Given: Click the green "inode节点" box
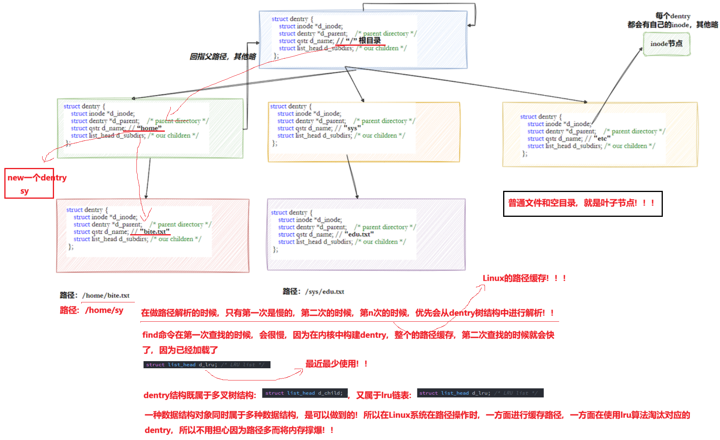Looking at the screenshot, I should click(x=666, y=44).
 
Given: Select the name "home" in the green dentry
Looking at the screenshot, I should click(x=149, y=128).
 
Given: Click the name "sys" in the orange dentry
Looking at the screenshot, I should click(x=352, y=128).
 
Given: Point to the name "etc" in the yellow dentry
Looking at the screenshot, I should click(x=602, y=138).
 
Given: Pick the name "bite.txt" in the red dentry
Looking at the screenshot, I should click(x=155, y=231).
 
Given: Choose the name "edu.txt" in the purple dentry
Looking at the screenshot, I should click(x=359, y=234).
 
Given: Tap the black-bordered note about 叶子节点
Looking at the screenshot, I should click(x=582, y=203).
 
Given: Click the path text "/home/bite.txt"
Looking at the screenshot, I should click(x=106, y=295).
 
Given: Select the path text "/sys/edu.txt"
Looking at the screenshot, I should click(x=325, y=291).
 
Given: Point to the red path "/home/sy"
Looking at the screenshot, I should click(x=104, y=311).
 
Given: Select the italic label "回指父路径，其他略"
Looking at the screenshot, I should click(x=223, y=57).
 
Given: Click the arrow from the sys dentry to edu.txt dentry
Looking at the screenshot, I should click(x=352, y=177).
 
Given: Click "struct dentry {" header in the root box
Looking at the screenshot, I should click(x=292, y=19).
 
